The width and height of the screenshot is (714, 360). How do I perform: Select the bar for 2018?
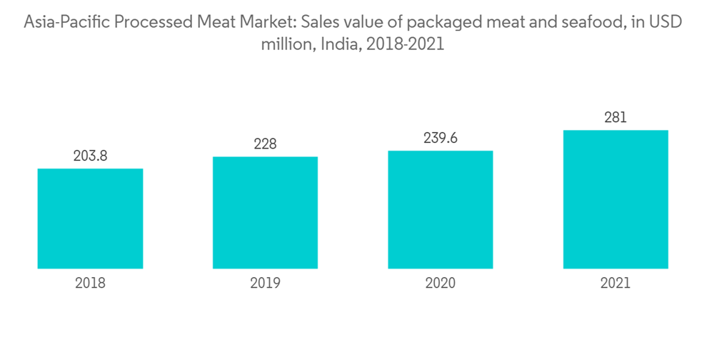(x=90, y=219)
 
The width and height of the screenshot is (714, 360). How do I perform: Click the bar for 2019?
(x=265, y=213)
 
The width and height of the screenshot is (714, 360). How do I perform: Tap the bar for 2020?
(x=441, y=210)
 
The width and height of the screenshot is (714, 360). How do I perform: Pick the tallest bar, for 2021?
(x=615, y=199)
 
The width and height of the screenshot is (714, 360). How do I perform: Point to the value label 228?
(x=265, y=144)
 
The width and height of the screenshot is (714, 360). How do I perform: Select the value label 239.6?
(x=441, y=139)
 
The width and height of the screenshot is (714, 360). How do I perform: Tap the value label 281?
(x=615, y=118)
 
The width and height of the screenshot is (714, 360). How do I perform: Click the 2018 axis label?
(x=90, y=284)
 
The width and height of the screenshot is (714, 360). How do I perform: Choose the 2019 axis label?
(x=265, y=284)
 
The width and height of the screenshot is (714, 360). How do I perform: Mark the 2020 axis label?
(x=441, y=284)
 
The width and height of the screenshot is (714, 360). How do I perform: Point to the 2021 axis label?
(x=615, y=284)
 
